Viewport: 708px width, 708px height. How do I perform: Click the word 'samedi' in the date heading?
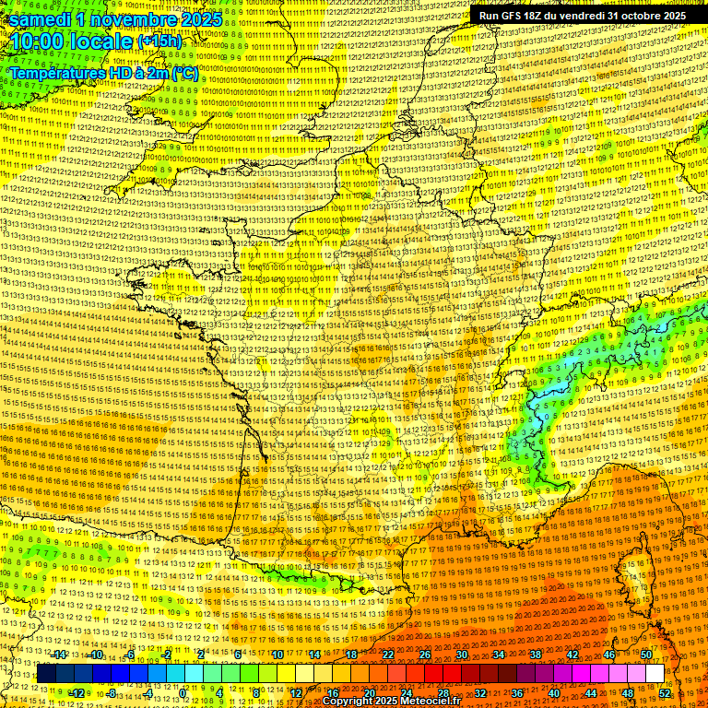(41, 18)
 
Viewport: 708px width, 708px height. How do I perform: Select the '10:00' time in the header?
(40, 41)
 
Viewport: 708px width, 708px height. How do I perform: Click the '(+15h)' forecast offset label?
(159, 41)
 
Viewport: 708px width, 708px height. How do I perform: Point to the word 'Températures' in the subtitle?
(56, 72)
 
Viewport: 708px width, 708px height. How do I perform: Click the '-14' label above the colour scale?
(59, 655)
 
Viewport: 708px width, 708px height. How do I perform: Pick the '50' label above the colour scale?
(646, 655)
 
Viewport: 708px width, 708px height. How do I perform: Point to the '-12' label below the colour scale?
(77, 692)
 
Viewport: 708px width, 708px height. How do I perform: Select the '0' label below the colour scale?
(183, 692)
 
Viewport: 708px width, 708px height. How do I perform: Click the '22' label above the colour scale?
(388, 655)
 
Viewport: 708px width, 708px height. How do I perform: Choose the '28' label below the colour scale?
(442, 692)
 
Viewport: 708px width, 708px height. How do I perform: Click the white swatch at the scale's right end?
(655, 674)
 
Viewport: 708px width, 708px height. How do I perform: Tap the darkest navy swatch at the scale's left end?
(46, 674)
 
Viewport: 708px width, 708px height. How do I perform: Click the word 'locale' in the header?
(102, 41)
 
